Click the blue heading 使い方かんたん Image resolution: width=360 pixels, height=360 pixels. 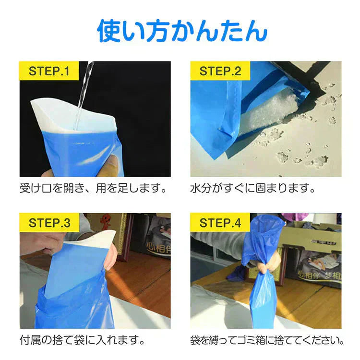click(x=182, y=31)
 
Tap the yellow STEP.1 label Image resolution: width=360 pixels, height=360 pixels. click(x=49, y=71)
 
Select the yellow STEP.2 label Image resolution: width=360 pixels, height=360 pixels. click(x=220, y=71)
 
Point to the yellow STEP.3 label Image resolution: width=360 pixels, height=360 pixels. click(x=49, y=223)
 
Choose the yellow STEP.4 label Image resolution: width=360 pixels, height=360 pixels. click(x=220, y=223)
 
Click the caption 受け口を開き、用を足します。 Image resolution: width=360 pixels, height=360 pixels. click(x=93, y=189)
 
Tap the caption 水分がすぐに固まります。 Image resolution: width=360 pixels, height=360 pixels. click(x=253, y=189)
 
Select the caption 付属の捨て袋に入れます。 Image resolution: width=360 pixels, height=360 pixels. click(x=82, y=340)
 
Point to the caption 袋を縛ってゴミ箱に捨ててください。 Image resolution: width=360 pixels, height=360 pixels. click(x=267, y=340)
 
